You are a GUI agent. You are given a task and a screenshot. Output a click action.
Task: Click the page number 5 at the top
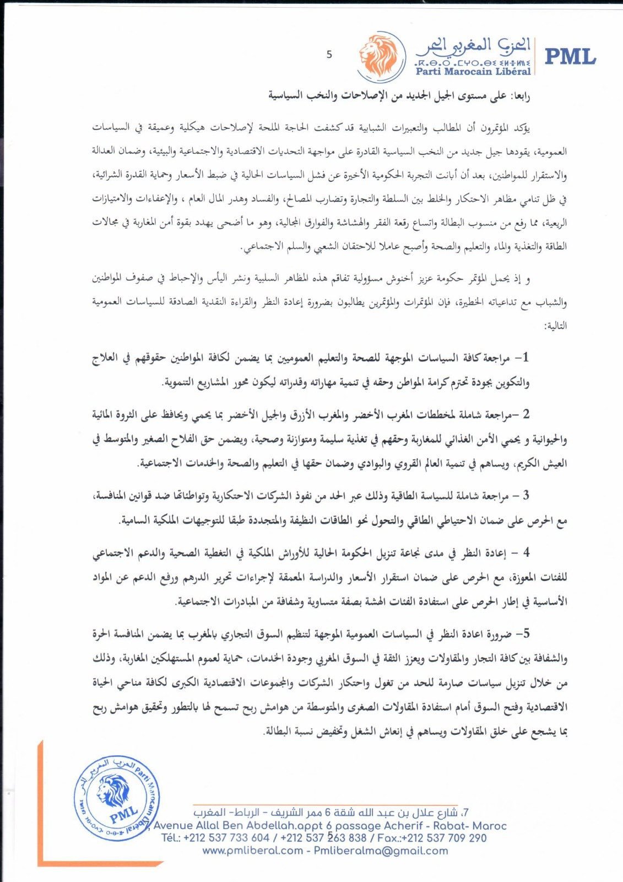coord(329,55)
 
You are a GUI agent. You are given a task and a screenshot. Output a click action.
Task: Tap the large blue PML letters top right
coord(571,56)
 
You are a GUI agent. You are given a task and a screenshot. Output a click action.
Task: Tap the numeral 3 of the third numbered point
coord(526,495)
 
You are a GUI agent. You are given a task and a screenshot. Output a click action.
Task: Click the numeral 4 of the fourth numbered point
coord(526,552)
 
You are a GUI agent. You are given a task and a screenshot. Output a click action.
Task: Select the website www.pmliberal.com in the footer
coord(252,851)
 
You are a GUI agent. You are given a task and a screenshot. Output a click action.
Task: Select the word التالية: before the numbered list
coord(555,326)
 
